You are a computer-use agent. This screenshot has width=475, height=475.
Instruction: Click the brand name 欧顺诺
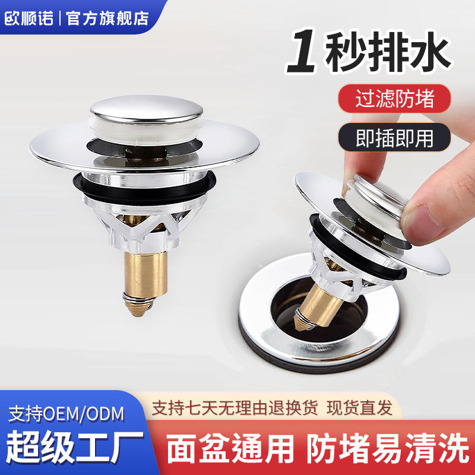tap(29, 18)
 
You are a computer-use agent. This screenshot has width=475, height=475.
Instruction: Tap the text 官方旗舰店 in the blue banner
tap(107, 18)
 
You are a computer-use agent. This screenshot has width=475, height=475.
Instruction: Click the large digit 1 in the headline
tap(302, 51)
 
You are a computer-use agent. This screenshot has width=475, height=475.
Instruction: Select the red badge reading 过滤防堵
tap(394, 99)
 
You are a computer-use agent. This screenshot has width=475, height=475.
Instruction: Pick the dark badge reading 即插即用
tap(394, 138)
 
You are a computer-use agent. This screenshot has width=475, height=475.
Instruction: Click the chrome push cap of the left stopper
tap(147, 109)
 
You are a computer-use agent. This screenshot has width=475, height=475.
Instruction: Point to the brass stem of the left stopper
tap(145, 274)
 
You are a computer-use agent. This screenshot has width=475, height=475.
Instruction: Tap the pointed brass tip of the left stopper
tap(138, 308)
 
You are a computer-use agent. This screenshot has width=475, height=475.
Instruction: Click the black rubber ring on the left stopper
tap(144, 190)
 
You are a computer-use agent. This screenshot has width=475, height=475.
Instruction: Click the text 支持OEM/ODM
tap(66, 414)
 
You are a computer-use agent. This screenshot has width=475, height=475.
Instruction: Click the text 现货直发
tap(359, 408)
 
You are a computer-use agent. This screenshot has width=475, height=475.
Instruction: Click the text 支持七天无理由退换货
tap(235, 408)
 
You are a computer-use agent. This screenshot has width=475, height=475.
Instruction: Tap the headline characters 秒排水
tap(388, 52)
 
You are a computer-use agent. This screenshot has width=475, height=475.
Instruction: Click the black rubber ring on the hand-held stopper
tap(357, 248)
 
